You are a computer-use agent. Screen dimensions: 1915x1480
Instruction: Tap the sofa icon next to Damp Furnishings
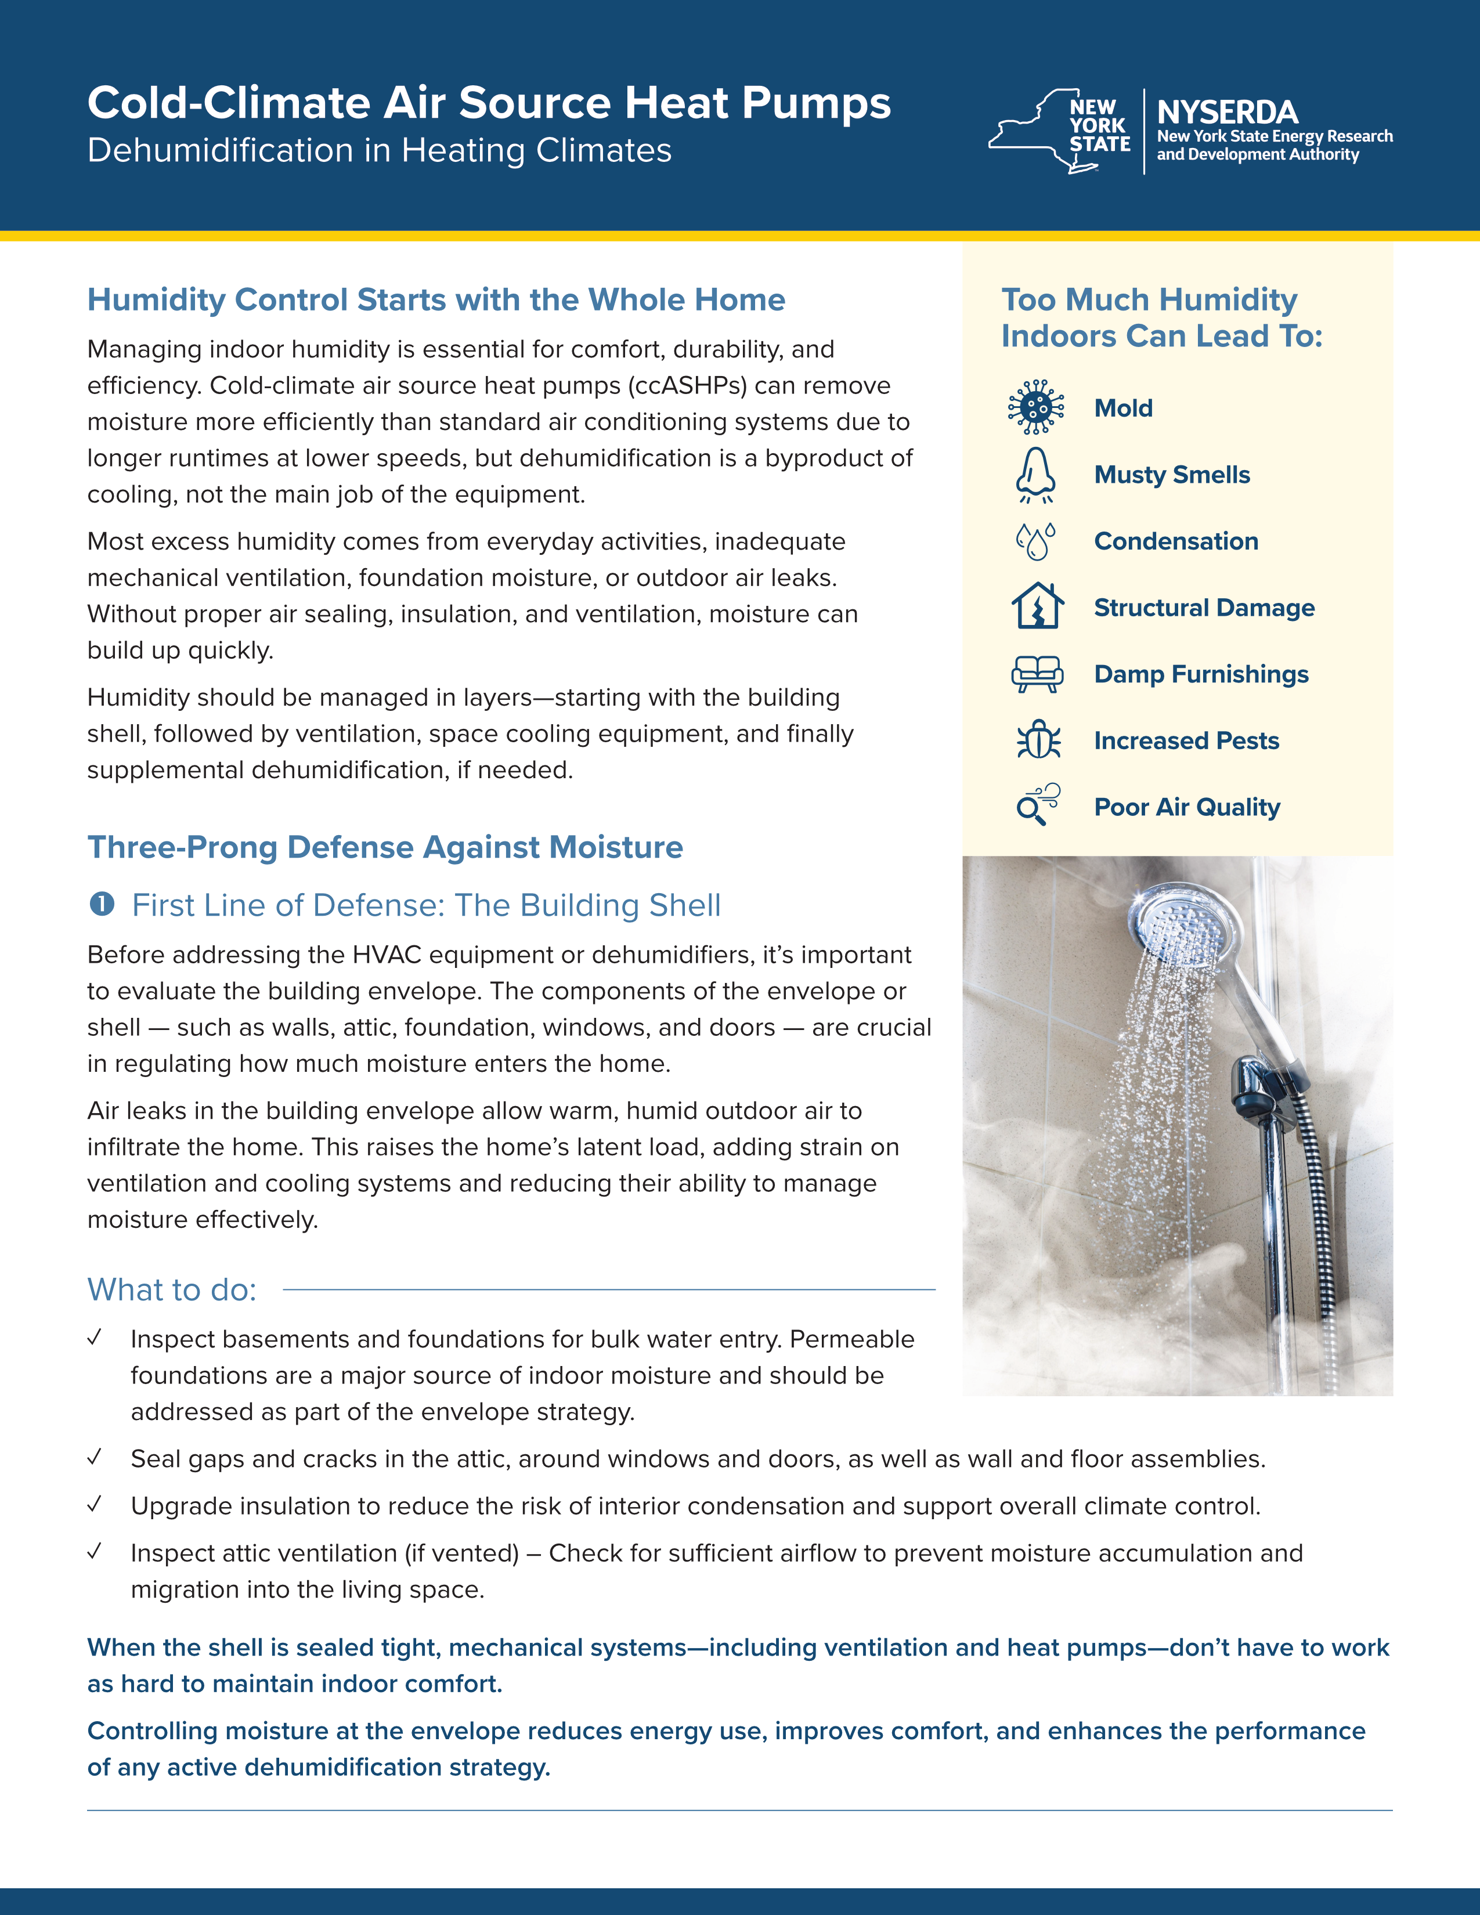click(x=1037, y=674)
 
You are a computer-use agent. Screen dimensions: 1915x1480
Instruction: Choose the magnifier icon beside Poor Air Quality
click(x=1037, y=805)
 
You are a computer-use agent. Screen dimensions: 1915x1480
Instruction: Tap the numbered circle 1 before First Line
click(x=102, y=904)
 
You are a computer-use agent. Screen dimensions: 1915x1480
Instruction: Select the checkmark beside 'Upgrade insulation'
click(x=95, y=1505)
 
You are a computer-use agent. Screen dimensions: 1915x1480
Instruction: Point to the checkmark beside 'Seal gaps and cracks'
click(x=95, y=1457)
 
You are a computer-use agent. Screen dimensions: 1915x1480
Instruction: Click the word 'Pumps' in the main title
click(x=815, y=103)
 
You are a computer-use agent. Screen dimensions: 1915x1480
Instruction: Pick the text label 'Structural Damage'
click(x=1204, y=608)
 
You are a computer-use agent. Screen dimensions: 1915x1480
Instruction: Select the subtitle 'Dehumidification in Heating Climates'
click(x=379, y=151)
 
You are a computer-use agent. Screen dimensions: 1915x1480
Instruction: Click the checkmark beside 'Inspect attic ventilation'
click(x=95, y=1551)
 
